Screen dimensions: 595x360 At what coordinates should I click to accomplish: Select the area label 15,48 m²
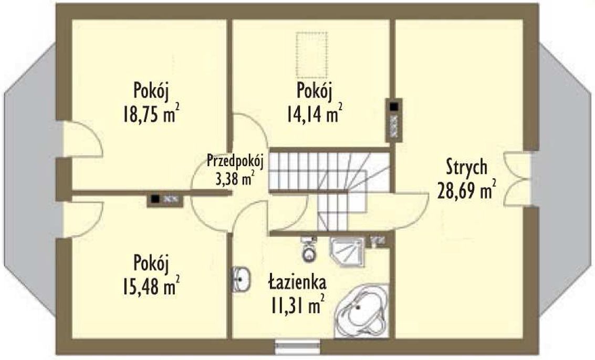[151, 285]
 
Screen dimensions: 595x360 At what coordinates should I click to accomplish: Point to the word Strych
[466, 168]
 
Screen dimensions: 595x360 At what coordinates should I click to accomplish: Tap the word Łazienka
[297, 282]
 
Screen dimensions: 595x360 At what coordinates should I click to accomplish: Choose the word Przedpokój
[235, 161]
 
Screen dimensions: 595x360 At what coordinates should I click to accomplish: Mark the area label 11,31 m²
[297, 305]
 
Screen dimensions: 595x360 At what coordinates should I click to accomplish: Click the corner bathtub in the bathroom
[362, 310]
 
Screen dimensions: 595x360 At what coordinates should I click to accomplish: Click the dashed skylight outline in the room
[311, 55]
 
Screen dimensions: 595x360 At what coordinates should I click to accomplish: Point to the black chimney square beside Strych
[394, 106]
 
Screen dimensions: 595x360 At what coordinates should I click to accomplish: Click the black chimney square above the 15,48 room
[155, 198]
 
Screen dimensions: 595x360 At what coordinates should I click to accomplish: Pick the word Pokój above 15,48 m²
[151, 263]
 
